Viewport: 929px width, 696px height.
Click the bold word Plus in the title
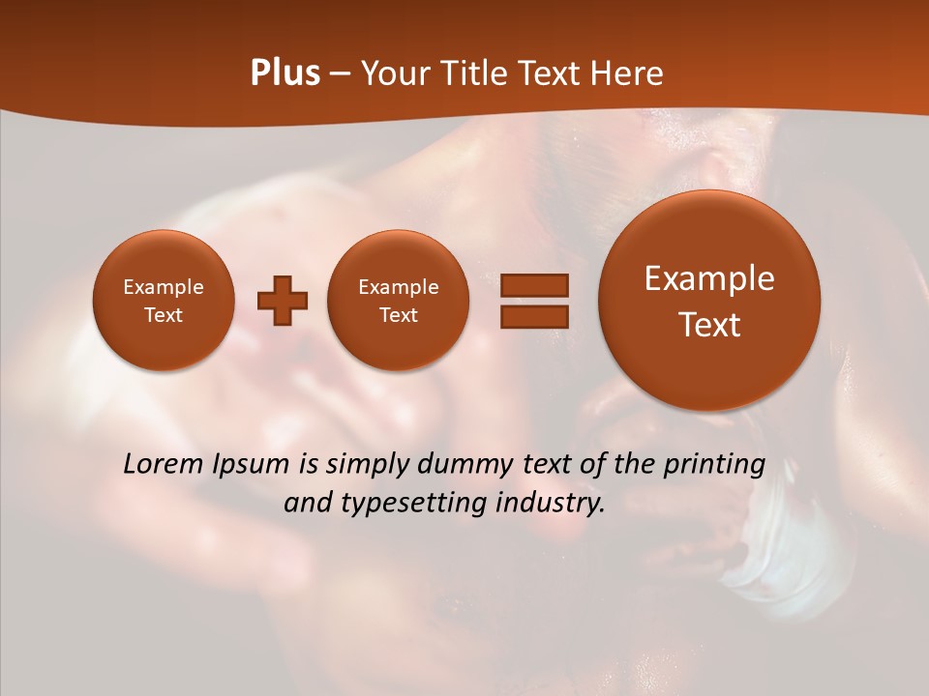tap(285, 73)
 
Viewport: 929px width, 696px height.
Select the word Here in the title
tap(629, 73)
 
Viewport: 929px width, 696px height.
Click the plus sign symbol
tap(283, 301)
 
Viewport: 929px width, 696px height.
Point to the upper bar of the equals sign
tap(534, 285)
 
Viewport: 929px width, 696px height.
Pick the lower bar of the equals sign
tap(534, 316)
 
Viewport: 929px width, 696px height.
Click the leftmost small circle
tap(164, 300)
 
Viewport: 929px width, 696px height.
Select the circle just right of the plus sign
tap(398, 300)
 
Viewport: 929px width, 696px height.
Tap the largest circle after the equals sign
tap(709, 301)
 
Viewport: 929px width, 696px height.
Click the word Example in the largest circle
tap(709, 279)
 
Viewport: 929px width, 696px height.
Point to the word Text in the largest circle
tap(709, 325)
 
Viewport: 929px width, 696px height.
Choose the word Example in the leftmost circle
tap(164, 287)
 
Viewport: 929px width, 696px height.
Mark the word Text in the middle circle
tap(398, 315)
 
